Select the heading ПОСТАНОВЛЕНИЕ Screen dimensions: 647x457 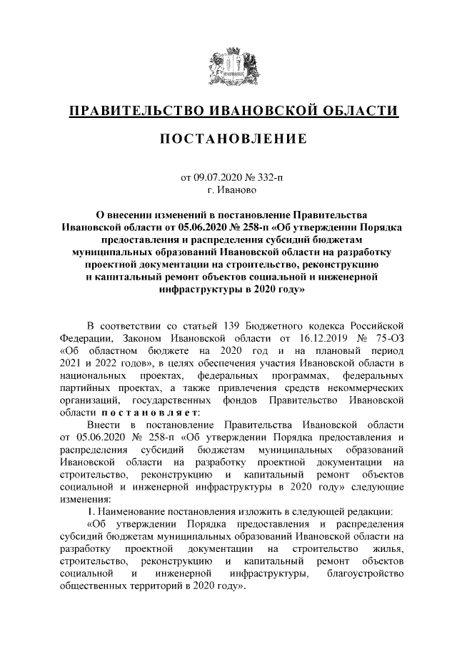tap(228, 138)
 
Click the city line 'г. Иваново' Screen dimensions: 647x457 tap(228, 189)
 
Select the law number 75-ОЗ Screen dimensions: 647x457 tap(391, 340)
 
